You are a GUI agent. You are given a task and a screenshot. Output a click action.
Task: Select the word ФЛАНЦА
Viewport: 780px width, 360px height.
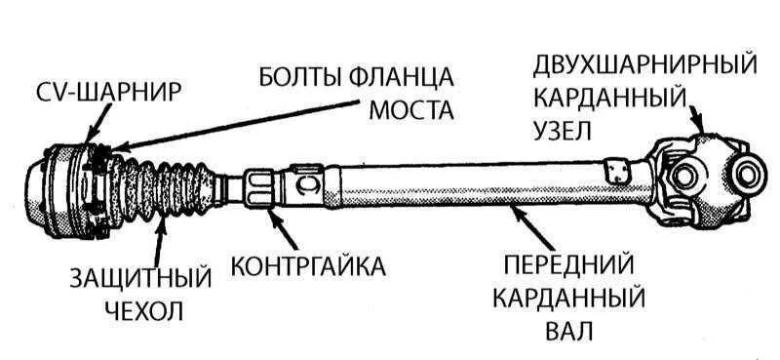pos(407,75)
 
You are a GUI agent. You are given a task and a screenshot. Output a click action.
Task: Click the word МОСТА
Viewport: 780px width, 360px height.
pos(411,109)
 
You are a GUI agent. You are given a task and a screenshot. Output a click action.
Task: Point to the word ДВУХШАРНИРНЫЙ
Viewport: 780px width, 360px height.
pos(644,65)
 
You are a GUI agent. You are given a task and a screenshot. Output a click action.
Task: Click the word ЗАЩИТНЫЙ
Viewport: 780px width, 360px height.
pos(141,279)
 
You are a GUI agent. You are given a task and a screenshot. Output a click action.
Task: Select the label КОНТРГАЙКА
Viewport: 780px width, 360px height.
pos(307,265)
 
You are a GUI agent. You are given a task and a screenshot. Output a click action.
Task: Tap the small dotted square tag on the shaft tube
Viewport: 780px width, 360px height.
pos(613,170)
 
